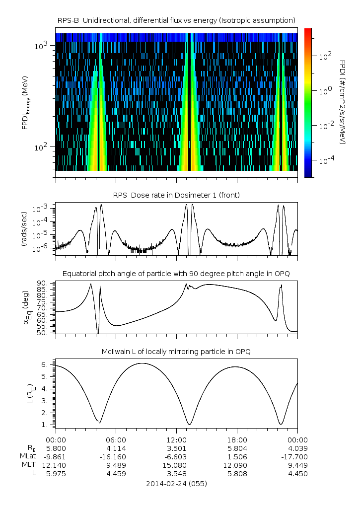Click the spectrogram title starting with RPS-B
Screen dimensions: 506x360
pyautogui.click(x=176, y=20)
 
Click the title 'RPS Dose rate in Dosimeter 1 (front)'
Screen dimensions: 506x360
pyautogui.click(x=176, y=195)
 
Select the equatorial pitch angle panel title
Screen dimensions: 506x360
pyautogui.click(x=176, y=274)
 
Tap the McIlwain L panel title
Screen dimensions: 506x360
pyautogui.click(x=176, y=352)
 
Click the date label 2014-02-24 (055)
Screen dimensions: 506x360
pyautogui.click(x=176, y=483)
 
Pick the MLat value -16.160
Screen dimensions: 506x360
pyautogui.click(x=116, y=456)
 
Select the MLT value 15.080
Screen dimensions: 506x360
pyautogui.click(x=176, y=465)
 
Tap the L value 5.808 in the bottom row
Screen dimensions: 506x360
pyautogui.click(x=237, y=474)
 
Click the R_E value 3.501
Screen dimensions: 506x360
pyautogui.click(x=176, y=447)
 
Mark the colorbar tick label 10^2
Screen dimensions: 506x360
pyautogui.click(x=325, y=57)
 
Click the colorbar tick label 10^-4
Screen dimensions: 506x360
pyautogui.click(x=325, y=161)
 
